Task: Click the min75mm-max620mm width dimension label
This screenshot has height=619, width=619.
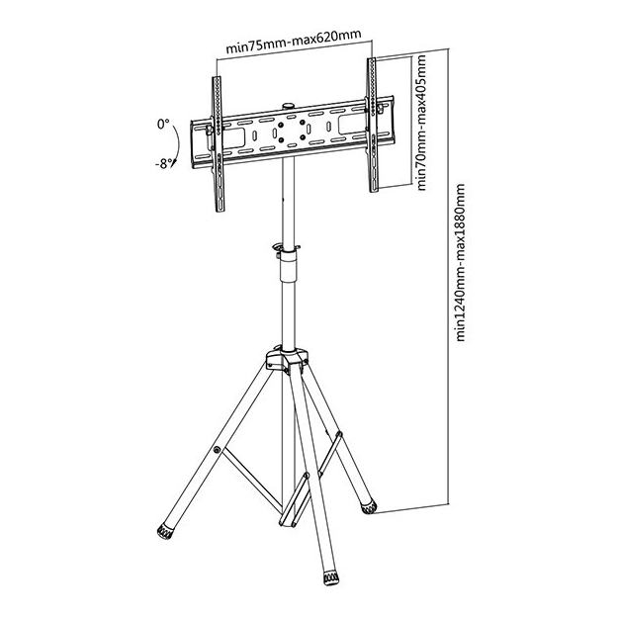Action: click(x=294, y=42)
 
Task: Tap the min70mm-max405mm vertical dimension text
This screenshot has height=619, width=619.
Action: click(x=421, y=123)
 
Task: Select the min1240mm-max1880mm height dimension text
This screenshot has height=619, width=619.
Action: click(x=461, y=262)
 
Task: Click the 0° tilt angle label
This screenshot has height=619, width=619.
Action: click(x=163, y=125)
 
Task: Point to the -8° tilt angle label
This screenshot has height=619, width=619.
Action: click(x=163, y=163)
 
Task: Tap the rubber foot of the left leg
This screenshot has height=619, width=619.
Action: click(x=165, y=531)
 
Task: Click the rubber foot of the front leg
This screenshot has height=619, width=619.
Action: click(x=331, y=577)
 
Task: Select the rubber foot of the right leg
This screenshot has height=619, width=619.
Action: click(x=369, y=507)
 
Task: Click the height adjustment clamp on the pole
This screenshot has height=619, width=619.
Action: click(x=288, y=250)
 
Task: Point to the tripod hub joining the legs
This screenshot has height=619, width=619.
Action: click(x=287, y=360)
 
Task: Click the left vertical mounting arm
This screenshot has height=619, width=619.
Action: click(x=219, y=144)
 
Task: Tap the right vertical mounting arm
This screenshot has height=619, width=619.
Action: click(x=373, y=125)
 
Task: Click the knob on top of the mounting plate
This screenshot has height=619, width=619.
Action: click(x=288, y=106)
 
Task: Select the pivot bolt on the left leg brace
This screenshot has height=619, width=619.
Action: click(x=217, y=450)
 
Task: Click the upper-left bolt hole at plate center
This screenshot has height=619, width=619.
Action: click(x=281, y=126)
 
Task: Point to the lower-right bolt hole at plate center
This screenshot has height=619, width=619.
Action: click(x=303, y=137)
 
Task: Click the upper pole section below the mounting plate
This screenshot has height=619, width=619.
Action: click(x=288, y=202)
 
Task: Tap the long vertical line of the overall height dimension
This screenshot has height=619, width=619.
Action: click(x=449, y=276)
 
